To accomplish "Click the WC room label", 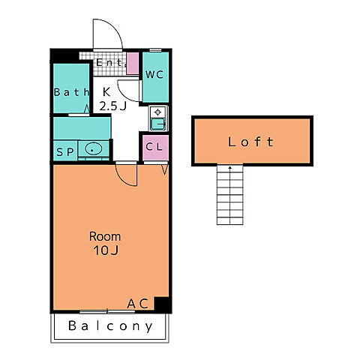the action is tap(154, 74).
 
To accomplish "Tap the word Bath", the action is tap(72, 92).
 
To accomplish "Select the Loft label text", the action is tap(250, 142).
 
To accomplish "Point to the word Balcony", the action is tap(110, 326).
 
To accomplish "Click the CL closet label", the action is tap(154, 147).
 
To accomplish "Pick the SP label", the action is tap(65, 152).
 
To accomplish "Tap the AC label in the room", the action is tap(138, 304).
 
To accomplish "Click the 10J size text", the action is tap(106, 250).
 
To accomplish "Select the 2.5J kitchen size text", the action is tap(113, 106).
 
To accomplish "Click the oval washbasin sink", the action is tap(94, 149).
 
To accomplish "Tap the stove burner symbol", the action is tap(157, 112).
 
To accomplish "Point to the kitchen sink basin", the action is tap(158, 124).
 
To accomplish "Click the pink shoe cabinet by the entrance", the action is tap(133, 64).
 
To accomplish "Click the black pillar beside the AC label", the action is tap(162, 304).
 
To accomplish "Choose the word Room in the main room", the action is tap(105, 236).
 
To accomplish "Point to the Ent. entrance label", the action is tap(110, 62).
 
